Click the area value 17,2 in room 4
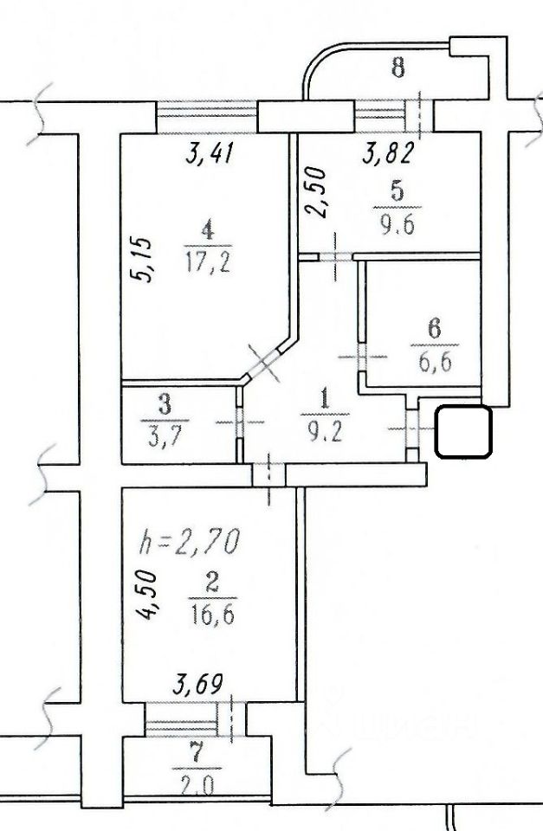click(208, 261)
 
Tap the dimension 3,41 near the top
click(210, 154)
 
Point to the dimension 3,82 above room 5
click(388, 154)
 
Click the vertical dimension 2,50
click(315, 192)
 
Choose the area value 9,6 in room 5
click(397, 226)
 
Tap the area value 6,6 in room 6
click(434, 364)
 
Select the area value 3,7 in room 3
click(165, 439)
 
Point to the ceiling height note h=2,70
click(190, 541)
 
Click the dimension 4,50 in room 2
click(145, 595)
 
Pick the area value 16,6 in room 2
click(212, 615)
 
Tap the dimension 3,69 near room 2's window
click(197, 684)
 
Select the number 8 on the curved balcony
click(398, 68)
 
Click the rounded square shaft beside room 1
click(463, 431)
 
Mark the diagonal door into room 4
click(263, 363)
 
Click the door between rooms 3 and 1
click(239, 422)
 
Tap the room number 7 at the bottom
click(197, 755)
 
